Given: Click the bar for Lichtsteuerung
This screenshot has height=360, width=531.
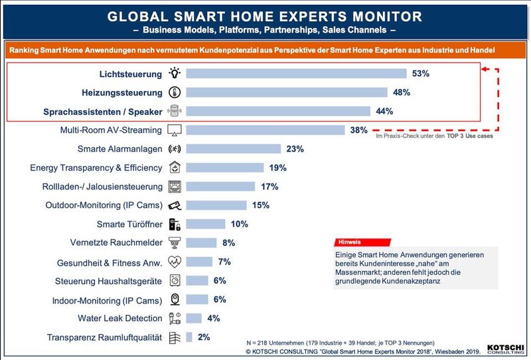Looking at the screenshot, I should pos(296,74).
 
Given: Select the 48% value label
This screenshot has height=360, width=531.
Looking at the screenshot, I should pos(401,92).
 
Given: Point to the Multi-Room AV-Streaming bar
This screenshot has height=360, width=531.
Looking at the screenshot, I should pos(265,130).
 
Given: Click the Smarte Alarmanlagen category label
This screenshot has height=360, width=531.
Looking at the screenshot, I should pos(120,149).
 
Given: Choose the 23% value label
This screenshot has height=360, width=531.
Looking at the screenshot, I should pos(294,149).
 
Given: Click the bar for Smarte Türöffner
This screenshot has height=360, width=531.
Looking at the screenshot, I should pos(206,224).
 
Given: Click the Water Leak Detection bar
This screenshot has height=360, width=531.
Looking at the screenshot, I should pos(194,318).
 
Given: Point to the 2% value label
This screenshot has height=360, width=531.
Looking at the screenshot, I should pos(203,337).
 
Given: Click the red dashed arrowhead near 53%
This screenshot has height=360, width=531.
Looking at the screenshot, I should pos(487,68).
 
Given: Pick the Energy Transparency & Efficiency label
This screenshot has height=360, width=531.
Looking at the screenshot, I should pos(96,168).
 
